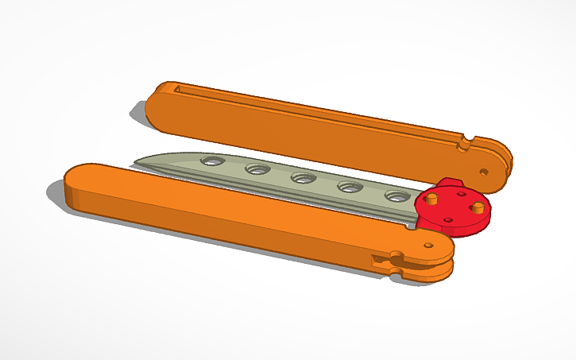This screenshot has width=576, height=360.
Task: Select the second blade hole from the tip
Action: coord(257,168)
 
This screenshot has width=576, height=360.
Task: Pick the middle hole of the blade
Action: coord(302,177)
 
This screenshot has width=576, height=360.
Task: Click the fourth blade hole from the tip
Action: coord(347,187)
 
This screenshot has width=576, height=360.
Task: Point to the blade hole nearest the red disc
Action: coord(395,195)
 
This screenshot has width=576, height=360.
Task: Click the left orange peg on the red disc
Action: coord(434,197)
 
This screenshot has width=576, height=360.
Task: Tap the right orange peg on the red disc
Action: coord(478,207)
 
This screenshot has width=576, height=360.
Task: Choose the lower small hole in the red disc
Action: coord(448,219)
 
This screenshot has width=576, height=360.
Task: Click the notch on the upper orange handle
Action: coord(465,143)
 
